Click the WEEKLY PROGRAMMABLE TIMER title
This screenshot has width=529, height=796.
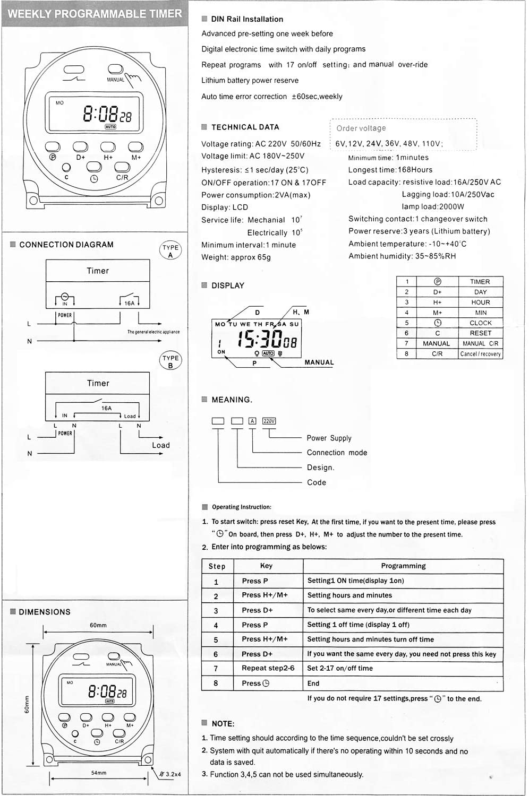coord(95,14)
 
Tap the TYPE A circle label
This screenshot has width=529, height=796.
coord(170,251)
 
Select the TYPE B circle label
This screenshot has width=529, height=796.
coord(170,361)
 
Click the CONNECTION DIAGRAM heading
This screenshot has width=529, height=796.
coord(66,245)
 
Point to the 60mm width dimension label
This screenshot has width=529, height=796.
coord(98,625)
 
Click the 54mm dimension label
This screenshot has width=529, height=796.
coord(99,773)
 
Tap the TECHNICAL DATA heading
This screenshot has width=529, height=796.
coord(245,127)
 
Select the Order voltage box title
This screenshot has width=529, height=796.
coord(361,128)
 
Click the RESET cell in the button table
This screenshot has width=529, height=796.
coord(480,333)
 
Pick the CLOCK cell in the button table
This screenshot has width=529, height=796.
coord(480,323)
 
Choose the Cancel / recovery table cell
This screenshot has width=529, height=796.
coord(480,354)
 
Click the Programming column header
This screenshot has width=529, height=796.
coord(403,566)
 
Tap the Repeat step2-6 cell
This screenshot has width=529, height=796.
coord(268,668)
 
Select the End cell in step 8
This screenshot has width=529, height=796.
coord(313,683)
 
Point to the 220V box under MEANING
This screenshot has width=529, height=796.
coord(269,421)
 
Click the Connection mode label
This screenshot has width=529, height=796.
coord(337,453)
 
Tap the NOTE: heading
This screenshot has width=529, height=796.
coord(223,724)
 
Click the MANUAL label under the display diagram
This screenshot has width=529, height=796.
coord(319,362)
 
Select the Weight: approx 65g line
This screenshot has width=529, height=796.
coord(236,257)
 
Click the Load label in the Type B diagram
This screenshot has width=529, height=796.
coord(161,445)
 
